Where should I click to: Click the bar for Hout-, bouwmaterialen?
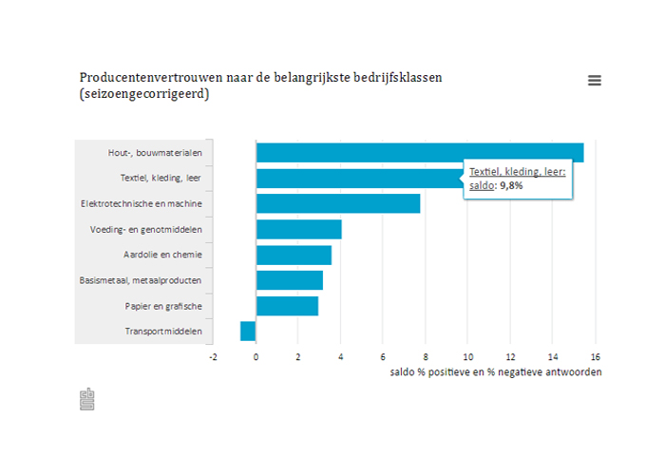(419, 152)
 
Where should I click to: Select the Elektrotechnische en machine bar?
(337, 203)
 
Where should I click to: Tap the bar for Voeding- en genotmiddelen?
(298, 229)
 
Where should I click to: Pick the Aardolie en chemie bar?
(294, 255)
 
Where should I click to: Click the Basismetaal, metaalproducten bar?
(289, 280)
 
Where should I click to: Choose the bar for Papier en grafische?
(287, 306)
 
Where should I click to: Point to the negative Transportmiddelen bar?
(248, 331)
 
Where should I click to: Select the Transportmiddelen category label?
(162, 332)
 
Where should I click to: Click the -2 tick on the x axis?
(214, 357)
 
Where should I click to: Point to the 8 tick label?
(426, 357)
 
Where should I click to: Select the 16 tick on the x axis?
(595, 357)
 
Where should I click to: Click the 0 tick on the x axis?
(256, 357)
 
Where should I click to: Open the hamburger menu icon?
(595, 81)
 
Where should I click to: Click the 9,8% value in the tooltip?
(511, 185)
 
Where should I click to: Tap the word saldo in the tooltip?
(481, 185)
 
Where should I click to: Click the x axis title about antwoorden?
(495, 371)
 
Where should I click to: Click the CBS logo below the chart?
(86, 399)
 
